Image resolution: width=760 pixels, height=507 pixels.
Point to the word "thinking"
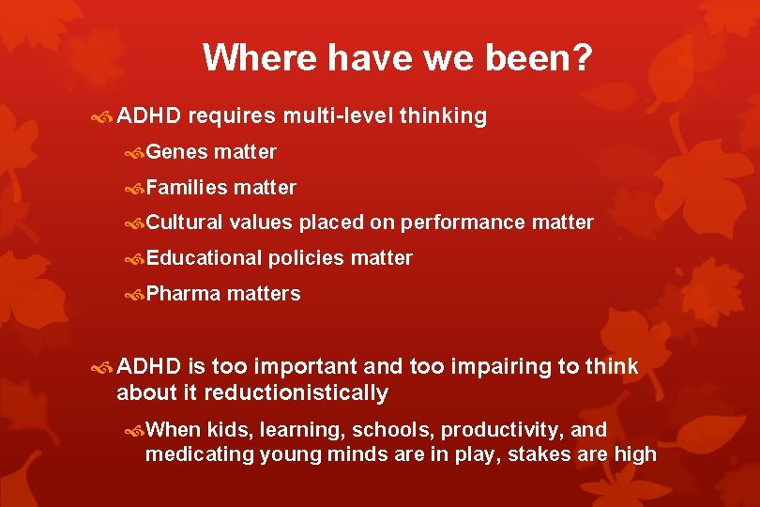pos(443,116)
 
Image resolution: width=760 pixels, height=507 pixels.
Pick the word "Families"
pos(187,187)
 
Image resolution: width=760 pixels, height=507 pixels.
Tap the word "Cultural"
pos(184,223)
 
